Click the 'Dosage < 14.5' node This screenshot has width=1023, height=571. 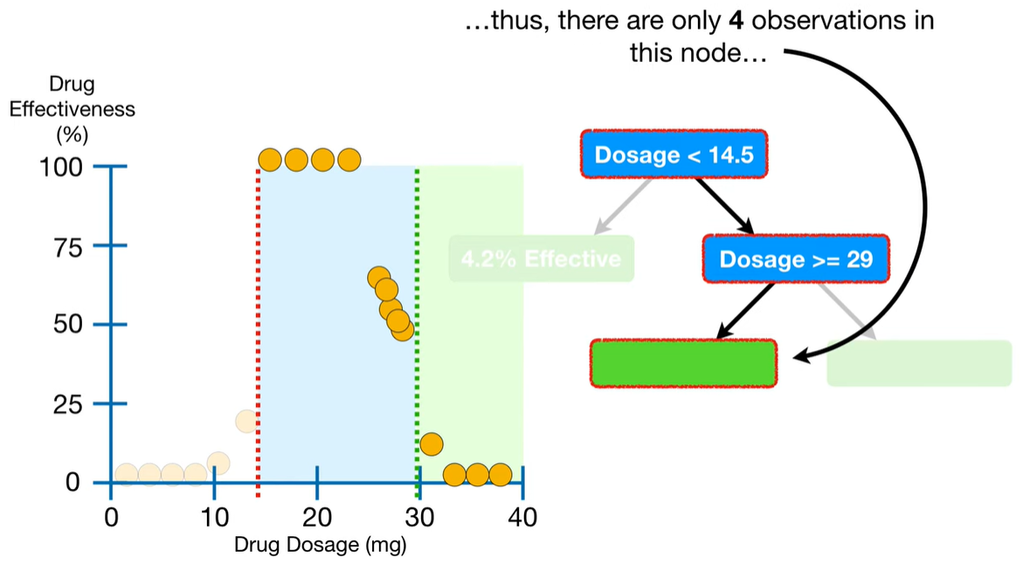coord(674,155)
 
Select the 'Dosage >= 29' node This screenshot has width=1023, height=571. coord(795,258)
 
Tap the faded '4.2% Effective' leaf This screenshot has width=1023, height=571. coord(541,259)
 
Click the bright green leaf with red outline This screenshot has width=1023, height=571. coord(683,362)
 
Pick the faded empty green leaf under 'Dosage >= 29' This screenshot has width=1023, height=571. coord(918,362)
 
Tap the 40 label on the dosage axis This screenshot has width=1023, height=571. coord(522,516)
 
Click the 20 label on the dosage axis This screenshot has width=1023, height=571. coord(316,516)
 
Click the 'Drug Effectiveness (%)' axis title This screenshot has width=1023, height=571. coord(72,109)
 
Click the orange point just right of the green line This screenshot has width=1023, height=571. coord(431,444)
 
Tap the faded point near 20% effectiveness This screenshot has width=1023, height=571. coord(246,421)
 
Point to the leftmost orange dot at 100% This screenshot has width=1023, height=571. coord(271,160)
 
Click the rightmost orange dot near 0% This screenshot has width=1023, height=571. coord(500,474)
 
